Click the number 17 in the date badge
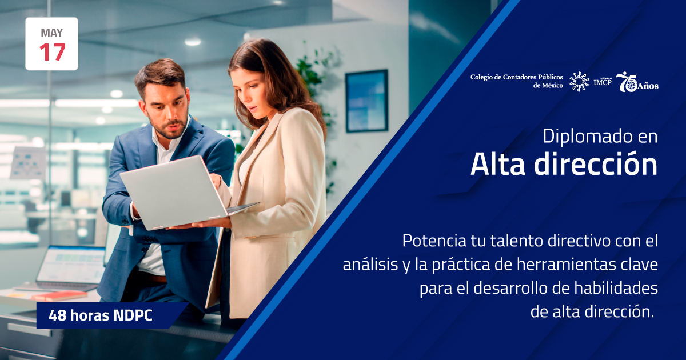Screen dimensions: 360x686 coord(51,53)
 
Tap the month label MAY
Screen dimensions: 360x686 coord(51,33)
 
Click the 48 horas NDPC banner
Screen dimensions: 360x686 coord(101,315)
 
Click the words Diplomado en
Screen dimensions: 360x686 coord(600,137)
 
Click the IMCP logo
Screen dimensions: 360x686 coord(602,82)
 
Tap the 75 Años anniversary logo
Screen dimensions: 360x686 coord(637,83)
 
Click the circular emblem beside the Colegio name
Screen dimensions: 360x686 coord(579,82)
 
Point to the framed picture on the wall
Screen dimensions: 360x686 coord(366,101)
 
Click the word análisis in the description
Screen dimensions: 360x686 coord(369,265)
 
